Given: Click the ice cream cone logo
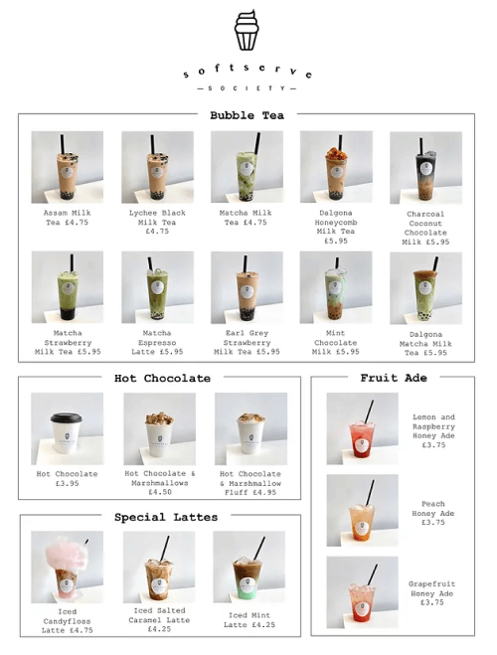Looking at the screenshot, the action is click(247, 30).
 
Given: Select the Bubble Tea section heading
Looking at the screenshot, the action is click(247, 115).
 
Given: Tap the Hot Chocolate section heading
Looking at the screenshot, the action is click(162, 378).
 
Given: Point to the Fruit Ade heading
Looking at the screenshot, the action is click(394, 378).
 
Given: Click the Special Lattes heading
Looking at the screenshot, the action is click(166, 517).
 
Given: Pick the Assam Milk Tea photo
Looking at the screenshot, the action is click(68, 167).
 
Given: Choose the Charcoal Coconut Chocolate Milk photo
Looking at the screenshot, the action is click(426, 168).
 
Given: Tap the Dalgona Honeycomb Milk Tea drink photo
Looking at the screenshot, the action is click(336, 167).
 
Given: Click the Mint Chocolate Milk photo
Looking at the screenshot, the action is click(336, 287).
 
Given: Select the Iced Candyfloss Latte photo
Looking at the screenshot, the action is click(68, 567).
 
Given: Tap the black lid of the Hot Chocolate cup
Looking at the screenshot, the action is click(66, 417).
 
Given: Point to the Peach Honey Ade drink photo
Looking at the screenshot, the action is click(363, 510).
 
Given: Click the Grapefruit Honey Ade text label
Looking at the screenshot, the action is click(431, 593).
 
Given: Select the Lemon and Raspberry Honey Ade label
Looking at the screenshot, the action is click(434, 431).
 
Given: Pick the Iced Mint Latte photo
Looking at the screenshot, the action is click(249, 567).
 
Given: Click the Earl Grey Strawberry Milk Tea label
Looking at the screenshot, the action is click(247, 343).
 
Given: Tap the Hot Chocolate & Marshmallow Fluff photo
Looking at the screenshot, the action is click(251, 428).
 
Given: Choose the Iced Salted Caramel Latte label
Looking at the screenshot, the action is click(159, 620).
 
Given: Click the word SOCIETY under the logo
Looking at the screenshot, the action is click(247, 88).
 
